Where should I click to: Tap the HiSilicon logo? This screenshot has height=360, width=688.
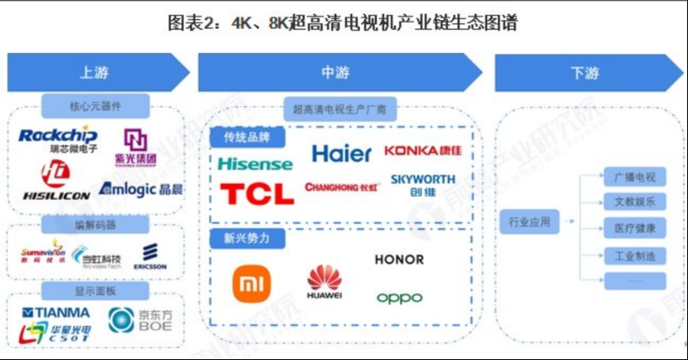click(55, 182)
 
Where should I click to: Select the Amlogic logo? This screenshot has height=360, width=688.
click(141, 190)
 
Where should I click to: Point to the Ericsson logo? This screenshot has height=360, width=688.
click(151, 257)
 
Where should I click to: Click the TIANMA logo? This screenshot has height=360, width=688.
click(56, 313)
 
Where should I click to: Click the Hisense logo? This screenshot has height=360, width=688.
click(255, 164)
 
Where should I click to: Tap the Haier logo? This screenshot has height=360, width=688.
click(341, 154)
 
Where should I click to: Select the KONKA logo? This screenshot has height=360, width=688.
click(422, 151)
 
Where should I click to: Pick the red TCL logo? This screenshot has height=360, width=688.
click(257, 194)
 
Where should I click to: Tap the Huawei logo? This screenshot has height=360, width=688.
click(325, 282)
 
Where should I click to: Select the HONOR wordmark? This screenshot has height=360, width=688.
click(399, 260)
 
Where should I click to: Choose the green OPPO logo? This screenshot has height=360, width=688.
click(399, 298)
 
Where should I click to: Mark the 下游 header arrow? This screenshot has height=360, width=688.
click(583, 73)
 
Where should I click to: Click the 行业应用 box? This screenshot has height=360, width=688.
click(530, 222)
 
